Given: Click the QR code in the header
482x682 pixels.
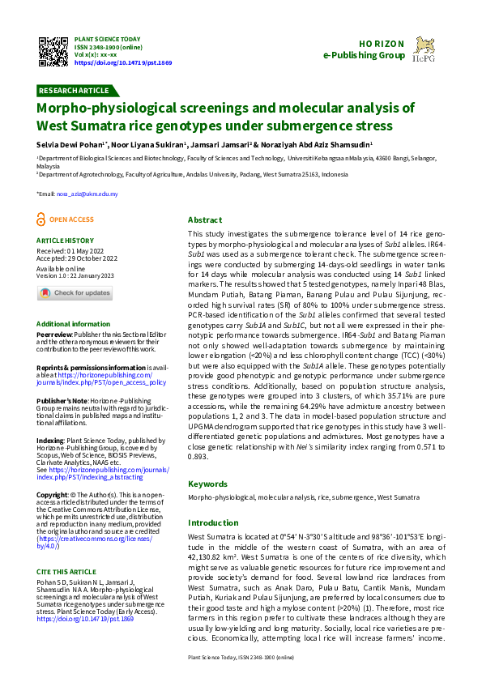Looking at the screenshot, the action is point(53,50).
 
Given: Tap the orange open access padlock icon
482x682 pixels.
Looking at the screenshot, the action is point(42,220).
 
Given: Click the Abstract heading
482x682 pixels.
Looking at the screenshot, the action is point(205,220).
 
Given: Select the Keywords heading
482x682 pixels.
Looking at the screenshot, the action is point(207,484).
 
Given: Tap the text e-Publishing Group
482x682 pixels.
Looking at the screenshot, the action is point(363,55).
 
